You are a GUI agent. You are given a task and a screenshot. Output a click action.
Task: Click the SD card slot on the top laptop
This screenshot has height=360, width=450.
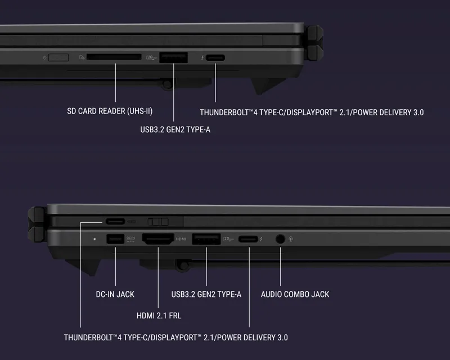click(114, 57)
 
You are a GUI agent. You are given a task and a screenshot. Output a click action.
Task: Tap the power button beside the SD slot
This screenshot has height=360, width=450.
click(58, 57)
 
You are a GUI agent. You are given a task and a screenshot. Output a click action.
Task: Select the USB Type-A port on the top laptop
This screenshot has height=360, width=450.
click(174, 57)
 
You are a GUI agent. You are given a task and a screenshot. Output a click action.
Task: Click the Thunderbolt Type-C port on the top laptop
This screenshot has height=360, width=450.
click(215, 58)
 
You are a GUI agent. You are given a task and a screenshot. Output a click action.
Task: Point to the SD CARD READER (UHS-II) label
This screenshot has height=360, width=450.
click(110, 111)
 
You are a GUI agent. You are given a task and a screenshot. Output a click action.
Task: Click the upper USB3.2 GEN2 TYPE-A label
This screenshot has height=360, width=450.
click(175, 129)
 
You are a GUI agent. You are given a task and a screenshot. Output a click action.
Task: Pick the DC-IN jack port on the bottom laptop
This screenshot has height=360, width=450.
click(115, 239)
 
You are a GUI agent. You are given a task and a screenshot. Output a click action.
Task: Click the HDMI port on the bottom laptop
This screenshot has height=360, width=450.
click(158, 239)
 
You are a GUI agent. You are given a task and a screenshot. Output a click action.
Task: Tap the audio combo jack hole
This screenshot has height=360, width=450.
click(280, 239)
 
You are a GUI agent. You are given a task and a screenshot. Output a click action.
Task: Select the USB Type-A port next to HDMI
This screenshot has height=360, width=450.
click(206, 239)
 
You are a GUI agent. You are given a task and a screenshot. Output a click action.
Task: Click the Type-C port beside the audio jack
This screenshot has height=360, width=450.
click(248, 239)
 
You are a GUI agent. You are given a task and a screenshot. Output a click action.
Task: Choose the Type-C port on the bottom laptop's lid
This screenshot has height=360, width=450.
click(115, 221)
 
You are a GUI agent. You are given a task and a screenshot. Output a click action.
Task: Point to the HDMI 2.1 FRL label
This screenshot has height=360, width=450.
click(159, 316)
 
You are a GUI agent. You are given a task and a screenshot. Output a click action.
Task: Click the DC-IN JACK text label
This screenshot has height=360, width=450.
click(115, 294)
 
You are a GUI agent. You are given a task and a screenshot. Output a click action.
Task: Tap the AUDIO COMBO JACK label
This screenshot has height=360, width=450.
click(295, 294)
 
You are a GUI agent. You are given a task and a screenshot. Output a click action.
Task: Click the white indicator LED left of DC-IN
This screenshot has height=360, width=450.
click(94, 239)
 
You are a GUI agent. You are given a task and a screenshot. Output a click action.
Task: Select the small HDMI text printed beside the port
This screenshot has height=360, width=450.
click(181, 239)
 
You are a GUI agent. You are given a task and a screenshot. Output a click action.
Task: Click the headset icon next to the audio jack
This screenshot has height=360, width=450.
click(291, 239)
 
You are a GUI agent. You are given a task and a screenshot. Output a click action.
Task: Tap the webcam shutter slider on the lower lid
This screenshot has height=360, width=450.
click(158, 222)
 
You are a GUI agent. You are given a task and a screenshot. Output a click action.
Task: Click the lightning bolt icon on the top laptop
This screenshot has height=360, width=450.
click(202, 58)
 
